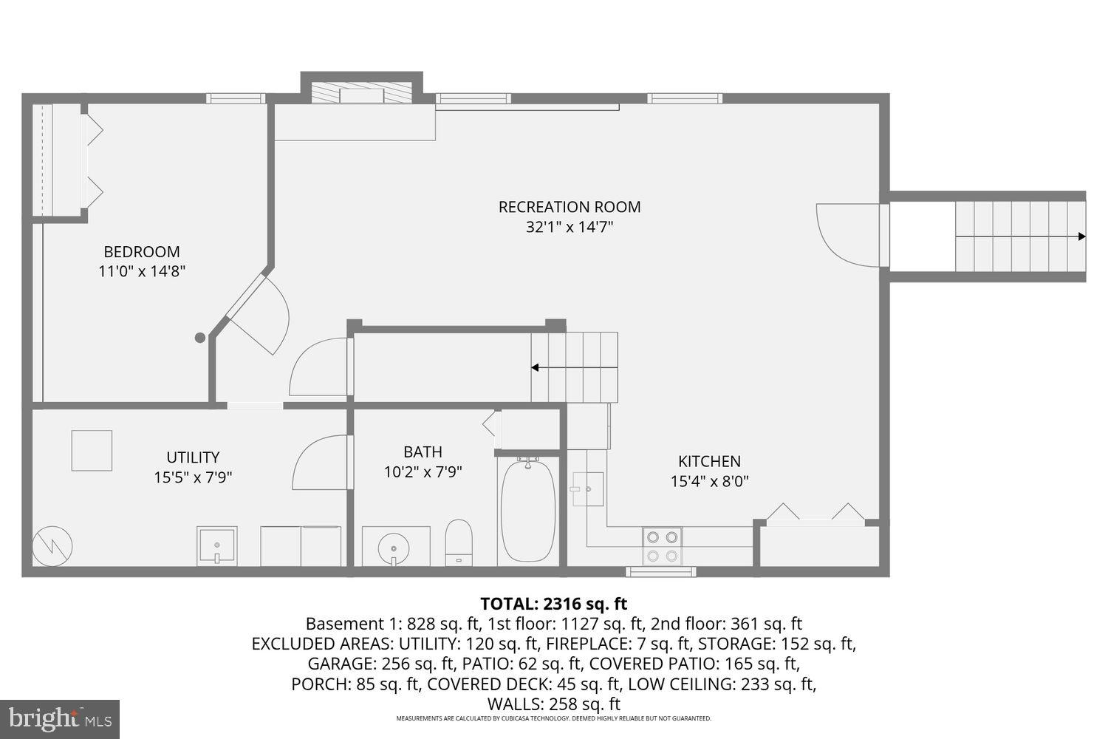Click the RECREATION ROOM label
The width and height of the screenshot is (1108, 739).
coord(570,207)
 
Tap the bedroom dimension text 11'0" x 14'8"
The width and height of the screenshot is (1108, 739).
coord(142,271)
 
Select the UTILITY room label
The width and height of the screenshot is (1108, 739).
coord(193,457)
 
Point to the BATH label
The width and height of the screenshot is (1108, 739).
coord(423,452)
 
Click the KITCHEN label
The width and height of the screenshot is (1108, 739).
coord(709,461)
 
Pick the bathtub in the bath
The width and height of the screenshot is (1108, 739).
coord(528,511)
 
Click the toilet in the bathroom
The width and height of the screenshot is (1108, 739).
coord(459,541)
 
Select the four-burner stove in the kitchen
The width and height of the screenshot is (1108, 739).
coord(662,547)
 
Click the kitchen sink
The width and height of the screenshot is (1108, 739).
coord(588,488)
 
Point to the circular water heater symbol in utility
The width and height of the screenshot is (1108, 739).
coord(52,546)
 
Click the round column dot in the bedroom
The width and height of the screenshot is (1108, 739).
coord(199,338)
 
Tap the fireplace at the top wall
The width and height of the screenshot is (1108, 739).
coord(362,93)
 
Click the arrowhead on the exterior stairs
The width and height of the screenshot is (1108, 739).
coord(1081,236)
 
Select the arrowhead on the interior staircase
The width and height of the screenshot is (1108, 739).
coord(535,367)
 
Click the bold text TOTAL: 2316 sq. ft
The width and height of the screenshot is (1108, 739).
coord(553,604)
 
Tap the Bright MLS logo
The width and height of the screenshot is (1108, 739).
coord(60,718)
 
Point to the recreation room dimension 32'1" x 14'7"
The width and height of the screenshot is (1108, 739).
coord(570,227)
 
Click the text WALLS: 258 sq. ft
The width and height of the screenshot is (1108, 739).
coord(553,704)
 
